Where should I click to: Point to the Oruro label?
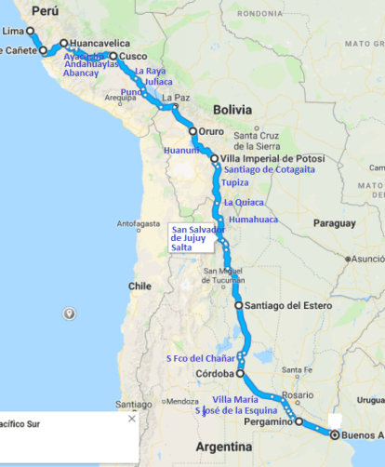click(214, 131)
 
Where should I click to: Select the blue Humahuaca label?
click(254, 221)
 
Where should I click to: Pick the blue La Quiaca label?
click(244, 202)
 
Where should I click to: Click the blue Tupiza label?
click(234, 183)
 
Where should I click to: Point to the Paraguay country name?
click(335, 223)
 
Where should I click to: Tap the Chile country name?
click(140, 286)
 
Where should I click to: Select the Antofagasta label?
click(138, 223)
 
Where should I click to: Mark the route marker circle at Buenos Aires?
click(334, 434)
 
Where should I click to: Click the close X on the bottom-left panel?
click(131, 420)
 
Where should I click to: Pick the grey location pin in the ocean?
click(68, 314)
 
